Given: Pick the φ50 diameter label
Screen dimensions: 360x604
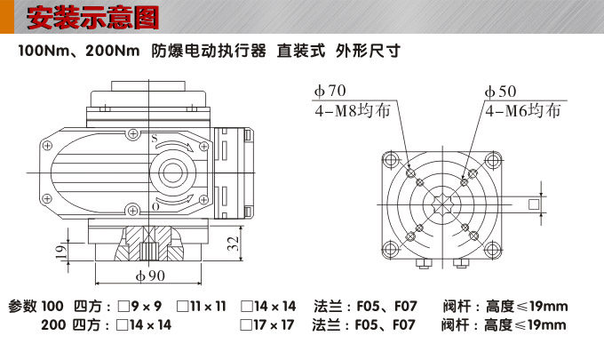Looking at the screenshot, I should point(500,92).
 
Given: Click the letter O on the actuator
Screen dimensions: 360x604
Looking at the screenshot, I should point(155,206).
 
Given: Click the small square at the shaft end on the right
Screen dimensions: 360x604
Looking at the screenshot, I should point(533,204).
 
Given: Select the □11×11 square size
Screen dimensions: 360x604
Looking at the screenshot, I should point(202,307).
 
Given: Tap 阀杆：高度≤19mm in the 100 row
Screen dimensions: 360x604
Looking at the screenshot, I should point(505,307).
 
